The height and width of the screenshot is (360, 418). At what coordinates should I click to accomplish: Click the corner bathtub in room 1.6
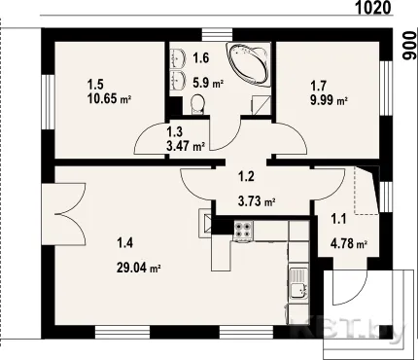[249, 64]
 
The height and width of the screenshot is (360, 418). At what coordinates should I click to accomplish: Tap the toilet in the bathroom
[197, 104]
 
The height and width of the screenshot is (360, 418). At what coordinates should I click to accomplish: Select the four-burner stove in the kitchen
[243, 230]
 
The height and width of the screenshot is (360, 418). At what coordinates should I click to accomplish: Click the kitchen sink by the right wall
[298, 283]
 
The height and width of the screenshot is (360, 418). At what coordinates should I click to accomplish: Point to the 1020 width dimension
[373, 8]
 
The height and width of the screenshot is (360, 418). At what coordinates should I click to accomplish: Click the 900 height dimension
[408, 46]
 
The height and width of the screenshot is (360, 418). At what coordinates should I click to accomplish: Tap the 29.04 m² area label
[138, 268]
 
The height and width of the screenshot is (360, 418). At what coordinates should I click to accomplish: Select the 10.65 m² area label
[109, 98]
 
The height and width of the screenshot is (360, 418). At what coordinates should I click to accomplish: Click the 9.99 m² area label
[329, 100]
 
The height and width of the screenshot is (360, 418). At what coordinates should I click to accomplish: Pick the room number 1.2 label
[246, 177]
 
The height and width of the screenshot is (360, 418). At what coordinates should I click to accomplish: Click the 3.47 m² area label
[186, 146]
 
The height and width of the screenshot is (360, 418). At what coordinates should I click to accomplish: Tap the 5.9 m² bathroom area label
[208, 83]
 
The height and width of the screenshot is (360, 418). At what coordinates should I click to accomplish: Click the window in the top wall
[218, 35]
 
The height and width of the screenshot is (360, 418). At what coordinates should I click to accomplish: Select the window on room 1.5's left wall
[48, 103]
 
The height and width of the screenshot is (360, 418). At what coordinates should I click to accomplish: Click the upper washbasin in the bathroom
[178, 57]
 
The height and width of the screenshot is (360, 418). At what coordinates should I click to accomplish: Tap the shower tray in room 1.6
[261, 105]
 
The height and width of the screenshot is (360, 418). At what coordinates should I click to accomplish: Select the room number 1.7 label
[319, 87]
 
